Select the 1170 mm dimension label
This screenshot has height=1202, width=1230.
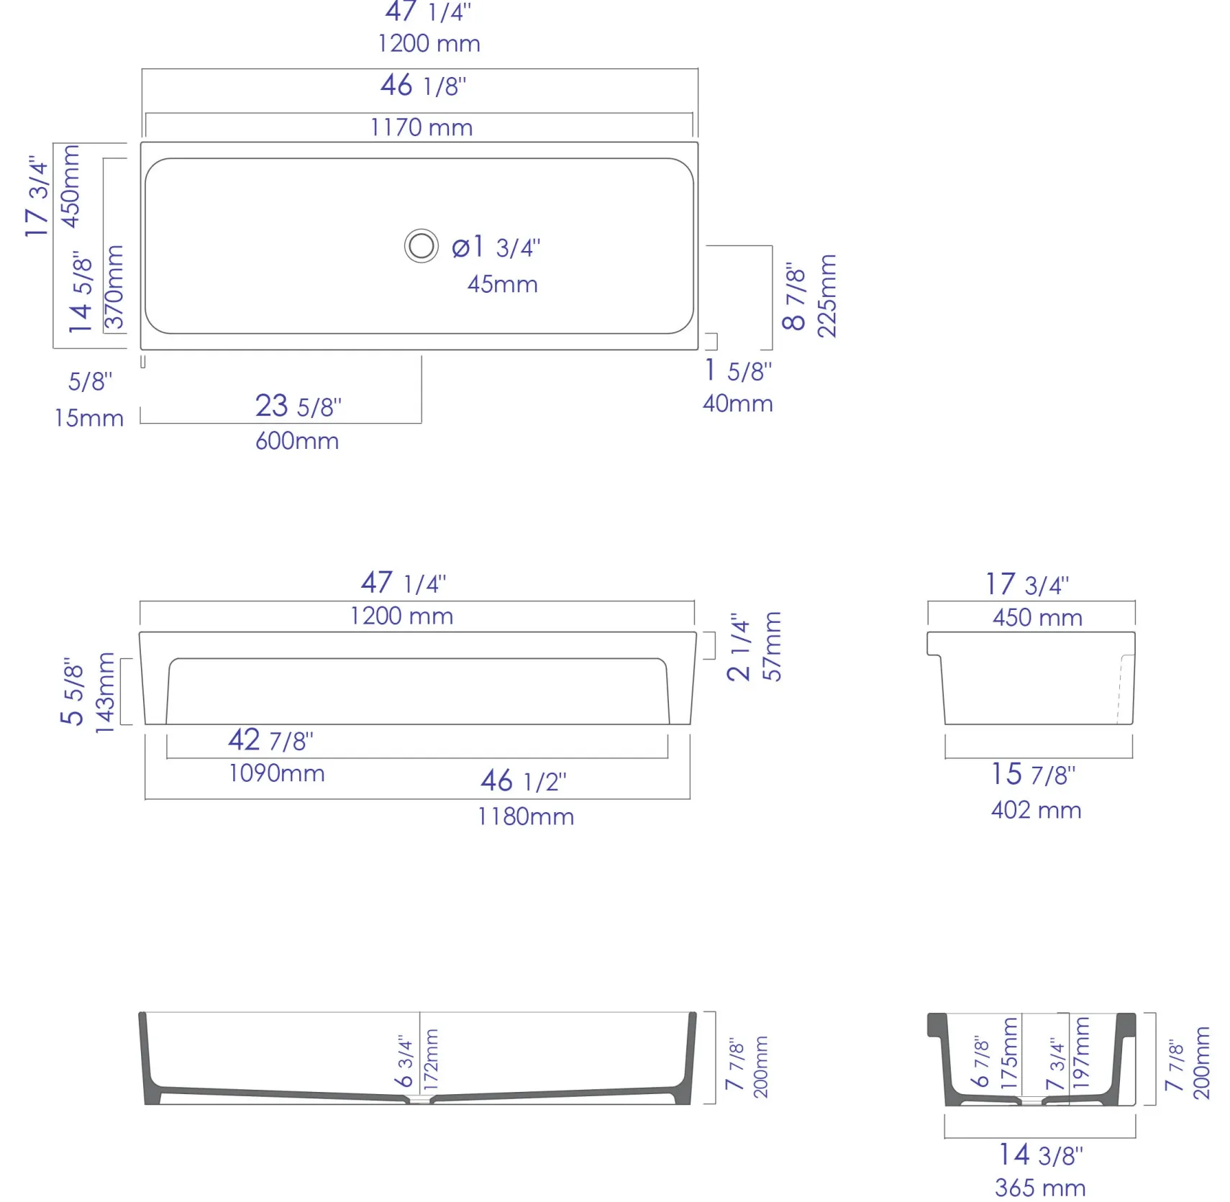pyautogui.click(x=422, y=128)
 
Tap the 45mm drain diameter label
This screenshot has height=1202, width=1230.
pyautogui.click(x=502, y=284)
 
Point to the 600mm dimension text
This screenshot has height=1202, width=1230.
pyautogui.click(x=297, y=441)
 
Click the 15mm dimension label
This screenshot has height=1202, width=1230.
pyautogui.click(x=88, y=418)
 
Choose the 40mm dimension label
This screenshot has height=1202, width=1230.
pyautogui.click(x=738, y=404)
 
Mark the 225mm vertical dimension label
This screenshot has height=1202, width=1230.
pyautogui.click(x=827, y=296)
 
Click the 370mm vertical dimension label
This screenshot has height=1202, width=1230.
pyautogui.click(x=114, y=287)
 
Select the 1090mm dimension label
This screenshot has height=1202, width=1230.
pyautogui.click(x=276, y=773)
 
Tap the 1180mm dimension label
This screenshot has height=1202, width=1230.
pyautogui.click(x=526, y=816)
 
